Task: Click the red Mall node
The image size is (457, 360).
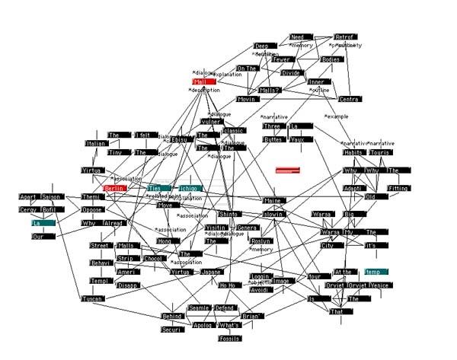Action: pos(203,81)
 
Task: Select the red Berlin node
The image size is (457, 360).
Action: pos(114,188)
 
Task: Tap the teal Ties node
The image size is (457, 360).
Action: pos(158,187)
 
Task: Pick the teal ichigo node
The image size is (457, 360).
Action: pos(190,188)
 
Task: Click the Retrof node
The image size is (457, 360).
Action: pos(346,37)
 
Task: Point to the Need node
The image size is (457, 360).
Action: pos(299,37)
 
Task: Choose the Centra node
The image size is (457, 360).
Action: pos(350,99)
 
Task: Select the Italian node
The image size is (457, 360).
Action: pos(96,143)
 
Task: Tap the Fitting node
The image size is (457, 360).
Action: pos(398,188)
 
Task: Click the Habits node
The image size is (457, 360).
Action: pos(353,152)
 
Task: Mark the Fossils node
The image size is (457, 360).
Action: pos(229,338)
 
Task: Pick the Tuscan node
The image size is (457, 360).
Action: pos(92,298)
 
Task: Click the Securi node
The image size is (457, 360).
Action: pos(172,330)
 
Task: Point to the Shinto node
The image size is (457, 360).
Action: pos(228,214)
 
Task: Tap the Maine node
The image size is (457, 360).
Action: pos(273,200)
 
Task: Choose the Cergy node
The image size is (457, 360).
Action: pos(28,209)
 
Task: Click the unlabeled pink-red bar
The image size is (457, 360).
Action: pos(288,170)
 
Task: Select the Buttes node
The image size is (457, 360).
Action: pos(273,139)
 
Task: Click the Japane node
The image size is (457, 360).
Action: pos(210,272)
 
